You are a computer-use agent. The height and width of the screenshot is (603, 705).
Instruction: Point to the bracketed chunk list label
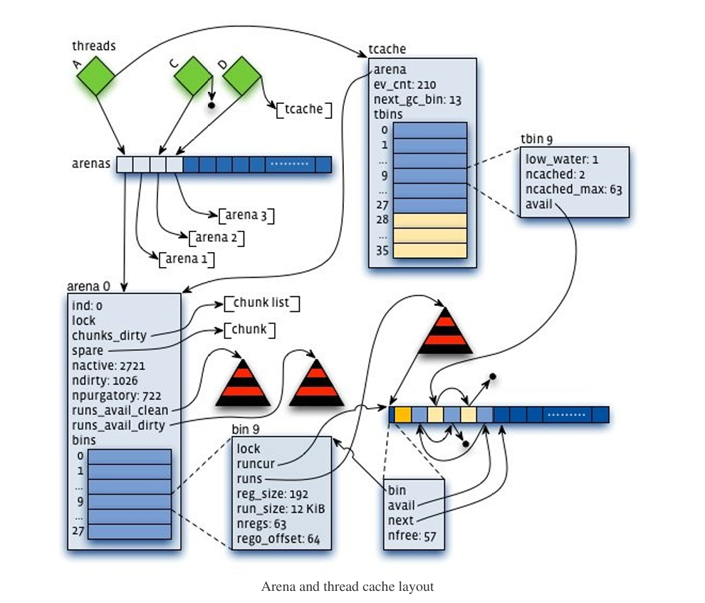coord(261,304)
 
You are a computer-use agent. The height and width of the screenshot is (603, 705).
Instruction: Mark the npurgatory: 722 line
coord(116,395)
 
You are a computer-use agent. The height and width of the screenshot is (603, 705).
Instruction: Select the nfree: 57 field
coord(412,536)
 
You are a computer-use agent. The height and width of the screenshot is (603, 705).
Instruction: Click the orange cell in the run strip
coord(402,414)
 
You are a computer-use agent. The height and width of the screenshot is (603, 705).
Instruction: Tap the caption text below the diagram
coord(348,587)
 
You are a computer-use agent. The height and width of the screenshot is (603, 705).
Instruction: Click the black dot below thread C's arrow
coord(211,105)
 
